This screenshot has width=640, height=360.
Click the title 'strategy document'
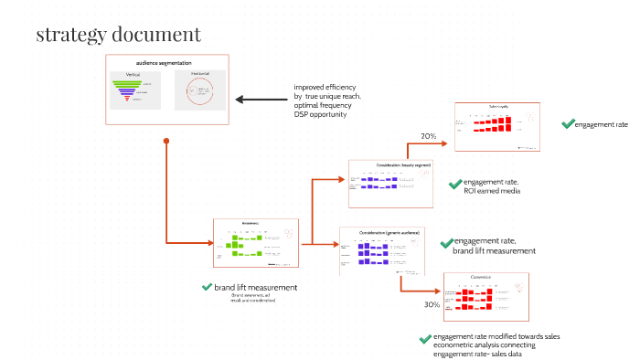(118, 36)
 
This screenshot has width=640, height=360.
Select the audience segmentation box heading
(169, 62)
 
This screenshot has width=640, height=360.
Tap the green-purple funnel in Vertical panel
(133, 90)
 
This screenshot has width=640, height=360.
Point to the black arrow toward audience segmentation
(260, 100)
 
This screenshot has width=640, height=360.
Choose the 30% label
(432, 304)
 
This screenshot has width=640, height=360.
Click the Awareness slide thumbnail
(256, 242)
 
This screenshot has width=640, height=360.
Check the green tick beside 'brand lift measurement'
(207, 287)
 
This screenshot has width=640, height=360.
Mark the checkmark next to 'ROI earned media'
(454, 185)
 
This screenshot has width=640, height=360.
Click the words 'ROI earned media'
(495, 191)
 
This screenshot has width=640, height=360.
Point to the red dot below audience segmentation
(165, 141)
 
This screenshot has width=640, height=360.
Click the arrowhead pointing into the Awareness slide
(208, 242)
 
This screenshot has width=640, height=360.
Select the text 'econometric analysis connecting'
(484, 345)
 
